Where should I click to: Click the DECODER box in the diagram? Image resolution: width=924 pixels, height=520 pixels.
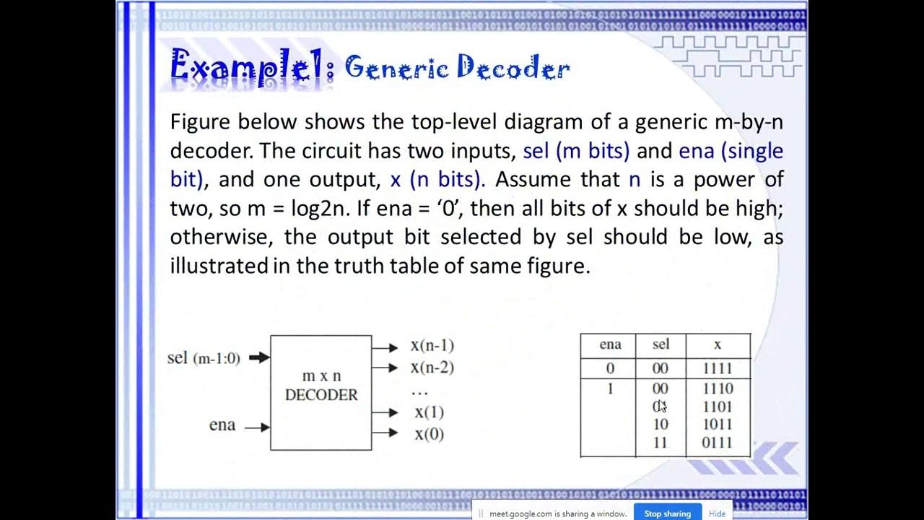[321, 392]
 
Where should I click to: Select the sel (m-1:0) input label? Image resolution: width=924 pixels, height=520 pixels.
[204, 357]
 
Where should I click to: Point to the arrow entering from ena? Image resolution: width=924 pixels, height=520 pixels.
[257, 428]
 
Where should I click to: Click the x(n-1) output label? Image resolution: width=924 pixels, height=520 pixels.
[432, 346]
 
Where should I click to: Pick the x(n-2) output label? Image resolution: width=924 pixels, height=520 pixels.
[432, 368]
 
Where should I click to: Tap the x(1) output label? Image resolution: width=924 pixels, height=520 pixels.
[429, 412]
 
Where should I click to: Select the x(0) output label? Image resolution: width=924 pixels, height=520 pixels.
[429, 434]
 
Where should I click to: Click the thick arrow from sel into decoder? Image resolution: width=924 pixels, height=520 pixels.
[259, 357]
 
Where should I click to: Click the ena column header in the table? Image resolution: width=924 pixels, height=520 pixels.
[610, 345]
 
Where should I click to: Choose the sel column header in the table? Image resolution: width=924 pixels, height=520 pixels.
[661, 345]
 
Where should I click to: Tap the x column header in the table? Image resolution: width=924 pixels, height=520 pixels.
[717, 345]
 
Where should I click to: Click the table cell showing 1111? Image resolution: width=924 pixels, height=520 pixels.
[718, 368]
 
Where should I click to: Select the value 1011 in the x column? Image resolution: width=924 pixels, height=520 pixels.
[718, 424]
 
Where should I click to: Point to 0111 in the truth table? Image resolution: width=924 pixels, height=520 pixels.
[718, 442]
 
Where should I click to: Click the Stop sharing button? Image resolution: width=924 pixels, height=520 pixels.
[667, 513]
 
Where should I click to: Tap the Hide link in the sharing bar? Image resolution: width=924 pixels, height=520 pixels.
[717, 513]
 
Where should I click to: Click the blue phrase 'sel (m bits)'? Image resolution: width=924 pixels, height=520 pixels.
[576, 151]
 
